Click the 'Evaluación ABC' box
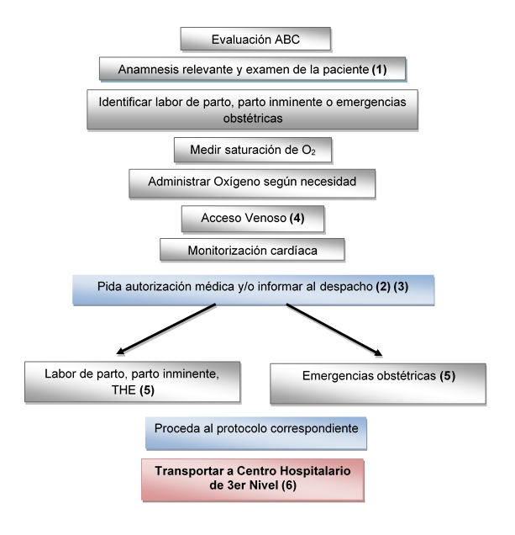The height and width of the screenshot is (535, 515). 255,39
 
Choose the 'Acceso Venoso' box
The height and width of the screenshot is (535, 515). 252,218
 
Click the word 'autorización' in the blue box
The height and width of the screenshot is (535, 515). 196,286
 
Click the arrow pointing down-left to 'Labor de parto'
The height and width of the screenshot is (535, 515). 167,328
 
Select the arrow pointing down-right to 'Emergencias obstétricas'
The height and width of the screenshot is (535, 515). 337,328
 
